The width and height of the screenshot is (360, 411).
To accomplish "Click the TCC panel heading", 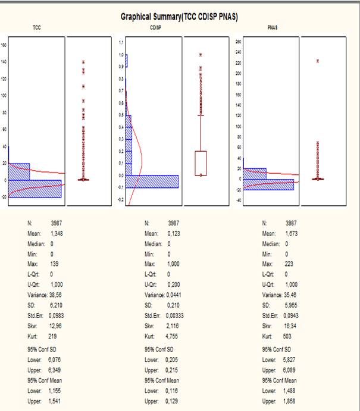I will [37, 28].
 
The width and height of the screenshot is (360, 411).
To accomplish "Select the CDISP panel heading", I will [154, 28].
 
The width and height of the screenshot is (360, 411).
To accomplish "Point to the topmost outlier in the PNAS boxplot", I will [318, 61].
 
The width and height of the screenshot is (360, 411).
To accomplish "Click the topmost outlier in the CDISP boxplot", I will [201, 55].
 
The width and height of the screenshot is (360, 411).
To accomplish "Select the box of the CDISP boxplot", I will [201, 163].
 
